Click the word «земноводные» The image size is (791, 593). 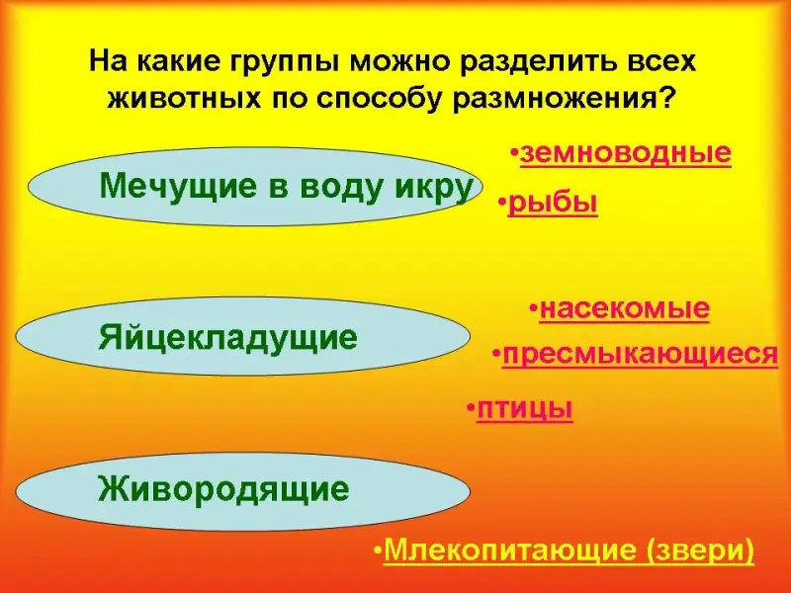pyautogui.click(x=626, y=153)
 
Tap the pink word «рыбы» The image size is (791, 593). pyautogui.click(x=553, y=204)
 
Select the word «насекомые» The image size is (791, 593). pyautogui.click(x=625, y=308)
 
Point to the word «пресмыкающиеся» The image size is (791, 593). pyautogui.click(x=640, y=354)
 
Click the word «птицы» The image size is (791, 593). pyautogui.click(x=525, y=408)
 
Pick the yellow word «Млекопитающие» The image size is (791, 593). pyautogui.click(x=510, y=550)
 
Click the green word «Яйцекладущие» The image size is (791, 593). pyautogui.click(x=228, y=338)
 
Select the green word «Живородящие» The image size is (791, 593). pyautogui.click(x=223, y=489)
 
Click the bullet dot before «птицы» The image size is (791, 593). pyautogui.click(x=471, y=406)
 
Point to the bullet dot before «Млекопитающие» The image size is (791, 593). pyautogui.click(x=378, y=550)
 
